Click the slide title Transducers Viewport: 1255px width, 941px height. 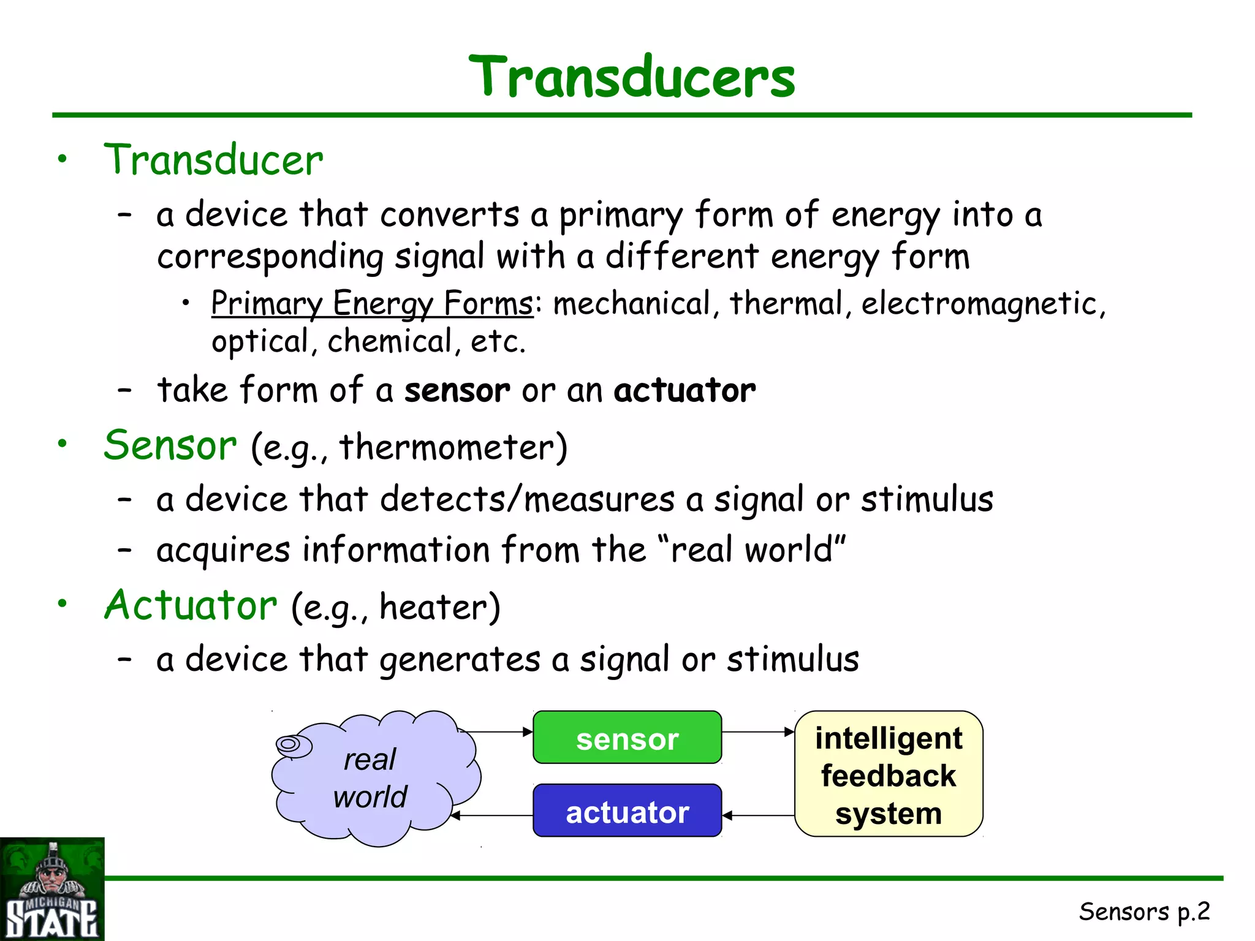631,77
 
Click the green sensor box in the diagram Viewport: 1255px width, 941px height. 627,738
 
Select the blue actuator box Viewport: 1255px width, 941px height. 627,811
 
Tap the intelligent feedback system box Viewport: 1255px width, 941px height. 889,774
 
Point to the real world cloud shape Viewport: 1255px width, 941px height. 374,778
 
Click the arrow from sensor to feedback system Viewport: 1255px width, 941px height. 758,731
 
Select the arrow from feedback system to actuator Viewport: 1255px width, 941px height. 758,815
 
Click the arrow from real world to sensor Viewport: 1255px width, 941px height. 496,731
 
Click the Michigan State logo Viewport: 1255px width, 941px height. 51,890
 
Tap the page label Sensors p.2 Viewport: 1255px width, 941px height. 1144,912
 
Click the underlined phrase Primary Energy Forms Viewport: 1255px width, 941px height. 372,304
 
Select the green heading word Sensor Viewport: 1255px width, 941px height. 170,445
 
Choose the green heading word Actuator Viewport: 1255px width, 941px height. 191,605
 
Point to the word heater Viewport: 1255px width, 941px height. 433,607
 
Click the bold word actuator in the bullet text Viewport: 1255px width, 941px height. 684,390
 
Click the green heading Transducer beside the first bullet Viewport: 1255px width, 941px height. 213,160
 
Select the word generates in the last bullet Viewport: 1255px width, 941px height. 460,660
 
